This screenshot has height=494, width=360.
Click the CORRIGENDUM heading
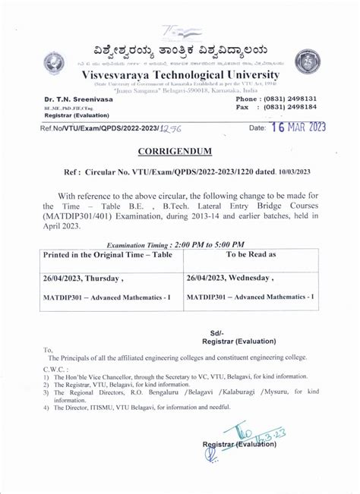click(180, 152)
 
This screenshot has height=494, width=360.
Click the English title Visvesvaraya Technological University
click(180, 76)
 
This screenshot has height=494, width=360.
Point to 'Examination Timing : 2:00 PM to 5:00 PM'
click(175, 245)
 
